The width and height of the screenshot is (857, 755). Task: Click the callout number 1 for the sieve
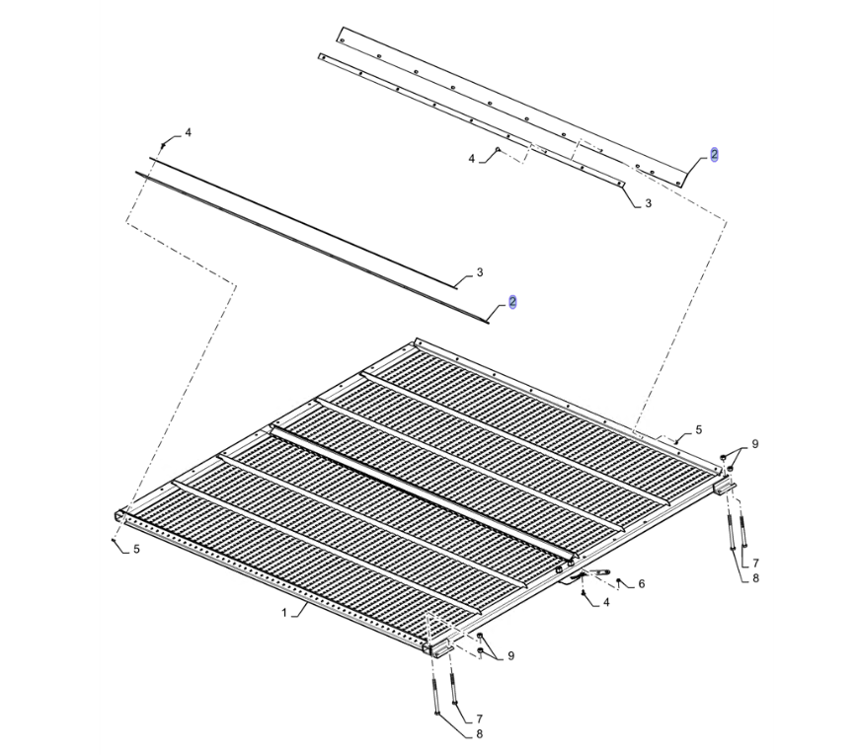pyautogui.click(x=284, y=613)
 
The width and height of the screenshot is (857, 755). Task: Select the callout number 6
pyautogui.click(x=641, y=584)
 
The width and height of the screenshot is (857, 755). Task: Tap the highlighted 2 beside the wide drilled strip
pyautogui.click(x=715, y=155)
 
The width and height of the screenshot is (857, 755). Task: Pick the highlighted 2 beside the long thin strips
pyautogui.click(x=512, y=302)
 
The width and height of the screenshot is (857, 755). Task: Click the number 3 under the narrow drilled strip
pyautogui.click(x=649, y=203)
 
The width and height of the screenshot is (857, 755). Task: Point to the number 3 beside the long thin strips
pyautogui.click(x=480, y=272)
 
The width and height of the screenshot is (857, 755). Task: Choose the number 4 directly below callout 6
pyautogui.click(x=606, y=603)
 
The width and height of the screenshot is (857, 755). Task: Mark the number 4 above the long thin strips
pyautogui.click(x=188, y=133)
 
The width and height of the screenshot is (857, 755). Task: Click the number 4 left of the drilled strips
pyautogui.click(x=472, y=159)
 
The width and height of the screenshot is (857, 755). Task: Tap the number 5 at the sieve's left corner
pyautogui.click(x=136, y=549)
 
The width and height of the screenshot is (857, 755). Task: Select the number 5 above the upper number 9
pyautogui.click(x=698, y=430)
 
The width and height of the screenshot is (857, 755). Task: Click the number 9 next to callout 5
pyautogui.click(x=754, y=444)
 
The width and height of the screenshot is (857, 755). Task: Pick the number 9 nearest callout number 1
pyautogui.click(x=510, y=655)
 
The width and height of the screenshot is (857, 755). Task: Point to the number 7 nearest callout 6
pyautogui.click(x=755, y=563)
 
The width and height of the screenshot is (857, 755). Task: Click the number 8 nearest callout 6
pyautogui.click(x=755, y=578)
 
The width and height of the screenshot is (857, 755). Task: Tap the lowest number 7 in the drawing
pyautogui.click(x=479, y=718)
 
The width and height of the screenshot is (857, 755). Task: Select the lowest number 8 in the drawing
pyautogui.click(x=479, y=734)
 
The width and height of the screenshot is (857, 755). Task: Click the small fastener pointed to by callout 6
pyautogui.click(x=618, y=580)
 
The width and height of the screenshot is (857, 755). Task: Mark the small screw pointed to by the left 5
pyautogui.click(x=114, y=540)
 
